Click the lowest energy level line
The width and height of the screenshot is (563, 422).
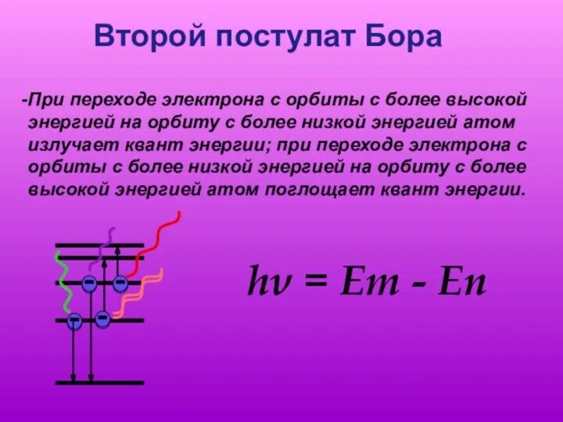pyautogui.click(x=99, y=383)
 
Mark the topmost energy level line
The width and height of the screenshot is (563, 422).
pyautogui.click(x=99, y=245)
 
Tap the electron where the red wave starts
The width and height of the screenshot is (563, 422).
pyautogui.click(x=120, y=284)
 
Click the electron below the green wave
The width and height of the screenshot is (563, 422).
pyautogui.click(x=74, y=320)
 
